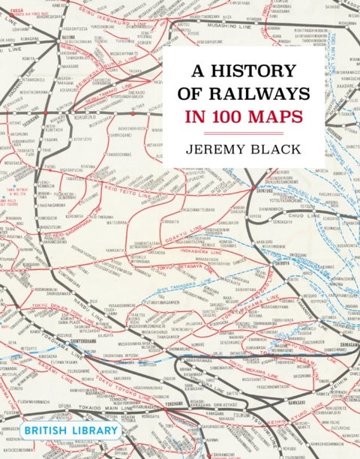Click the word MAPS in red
tap(274, 117)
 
